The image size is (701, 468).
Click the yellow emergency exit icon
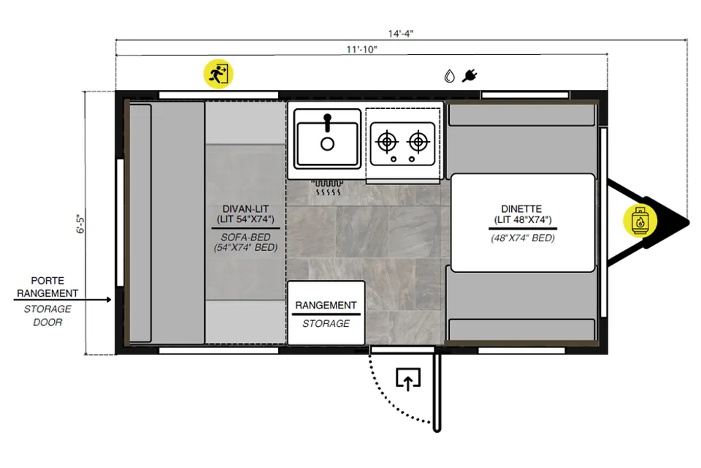pos(218,74)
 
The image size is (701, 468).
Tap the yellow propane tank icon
pos(640,220)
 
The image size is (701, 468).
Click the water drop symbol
pos(449,76)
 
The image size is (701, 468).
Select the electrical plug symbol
pos(470,76)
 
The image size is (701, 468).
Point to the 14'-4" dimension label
pos(401,34)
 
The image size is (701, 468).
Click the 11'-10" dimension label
pos(361,49)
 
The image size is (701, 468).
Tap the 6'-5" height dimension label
pos(80,224)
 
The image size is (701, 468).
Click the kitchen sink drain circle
pos(327,144)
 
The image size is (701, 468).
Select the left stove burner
pos(387,142)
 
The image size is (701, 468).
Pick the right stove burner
pos(418,142)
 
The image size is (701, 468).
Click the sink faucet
pos(328,123)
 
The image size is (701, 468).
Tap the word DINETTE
pos(521,208)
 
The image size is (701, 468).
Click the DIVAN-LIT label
pos(245,208)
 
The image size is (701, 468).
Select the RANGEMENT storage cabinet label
pos(326,305)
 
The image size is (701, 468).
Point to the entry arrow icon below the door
pos(408,380)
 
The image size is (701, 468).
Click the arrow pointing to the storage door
pos(63,299)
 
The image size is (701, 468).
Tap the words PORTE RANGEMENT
pos(47,287)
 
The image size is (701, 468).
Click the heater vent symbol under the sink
pos(327,188)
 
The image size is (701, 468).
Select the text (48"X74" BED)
pos(523,238)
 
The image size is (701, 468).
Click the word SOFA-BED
pos(245,237)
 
